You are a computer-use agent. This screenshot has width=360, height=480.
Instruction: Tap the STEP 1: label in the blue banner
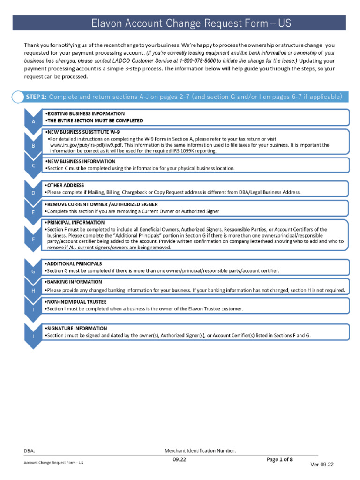[36, 97]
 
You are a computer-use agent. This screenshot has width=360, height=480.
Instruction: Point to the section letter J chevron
[33, 336]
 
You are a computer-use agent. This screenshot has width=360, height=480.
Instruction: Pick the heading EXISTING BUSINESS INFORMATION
[85, 114]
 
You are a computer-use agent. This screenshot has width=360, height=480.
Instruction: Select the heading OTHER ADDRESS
[64, 186]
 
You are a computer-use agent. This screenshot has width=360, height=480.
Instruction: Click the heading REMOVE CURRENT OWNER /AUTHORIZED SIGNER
[101, 204]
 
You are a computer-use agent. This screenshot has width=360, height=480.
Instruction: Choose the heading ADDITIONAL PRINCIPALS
[73, 264]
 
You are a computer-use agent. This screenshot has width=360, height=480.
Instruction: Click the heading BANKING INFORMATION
[73, 282]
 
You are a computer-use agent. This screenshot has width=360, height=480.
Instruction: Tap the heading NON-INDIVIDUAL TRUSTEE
[75, 302]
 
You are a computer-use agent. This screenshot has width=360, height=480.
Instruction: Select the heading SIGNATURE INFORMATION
[76, 329]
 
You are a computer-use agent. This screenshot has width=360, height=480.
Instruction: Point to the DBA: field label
[30, 451]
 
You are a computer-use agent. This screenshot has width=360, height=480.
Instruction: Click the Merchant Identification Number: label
[200, 451]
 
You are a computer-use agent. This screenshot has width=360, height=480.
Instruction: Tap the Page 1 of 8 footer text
[280, 459]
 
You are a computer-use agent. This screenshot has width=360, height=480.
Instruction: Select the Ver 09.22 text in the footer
[322, 464]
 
